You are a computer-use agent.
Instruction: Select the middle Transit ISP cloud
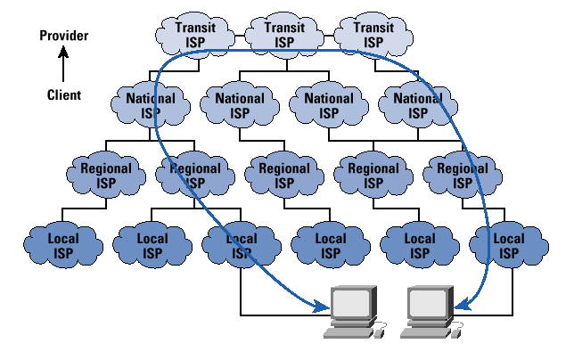[x=284, y=34]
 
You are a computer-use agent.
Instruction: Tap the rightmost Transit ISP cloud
[x=373, y=34]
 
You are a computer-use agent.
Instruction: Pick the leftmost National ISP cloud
[x=152, y=104]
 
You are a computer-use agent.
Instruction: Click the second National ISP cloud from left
[x=240, y=104]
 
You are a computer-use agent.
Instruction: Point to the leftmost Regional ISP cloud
[x=107, y=175]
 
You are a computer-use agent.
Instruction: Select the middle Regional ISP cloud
[x=284, y=175]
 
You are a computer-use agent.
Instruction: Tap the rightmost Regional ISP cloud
[x=462, y=175]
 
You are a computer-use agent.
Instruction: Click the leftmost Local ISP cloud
[x=62, y=245]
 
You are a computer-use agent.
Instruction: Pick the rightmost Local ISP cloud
[x=508, y=245]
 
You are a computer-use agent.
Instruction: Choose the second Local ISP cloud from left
[x=152, y=245]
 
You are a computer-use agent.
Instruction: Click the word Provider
[x=65, y=36]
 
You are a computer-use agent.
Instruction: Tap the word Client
[x=64, y=94]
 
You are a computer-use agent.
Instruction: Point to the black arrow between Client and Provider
[x=64, y=64]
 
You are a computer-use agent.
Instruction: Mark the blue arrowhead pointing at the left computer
[x=322, y=307]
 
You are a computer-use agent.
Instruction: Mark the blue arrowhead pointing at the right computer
[x=462, y=307]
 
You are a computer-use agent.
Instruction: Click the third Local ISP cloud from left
[x=241, y=245]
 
